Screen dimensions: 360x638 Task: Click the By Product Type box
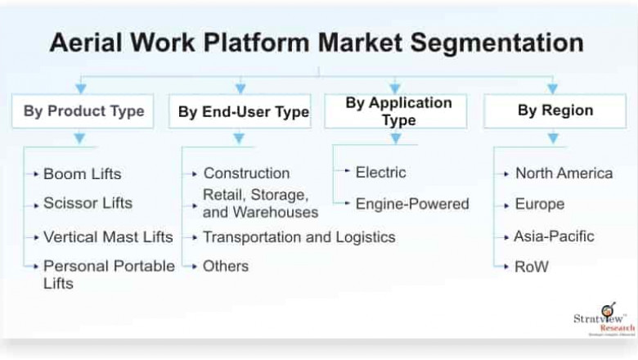[x=83, y=111]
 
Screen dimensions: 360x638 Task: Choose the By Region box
[x=555, y=111]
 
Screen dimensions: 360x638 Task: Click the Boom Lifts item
[x=82, y=173]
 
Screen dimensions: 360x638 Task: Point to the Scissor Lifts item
[x=88, y=203]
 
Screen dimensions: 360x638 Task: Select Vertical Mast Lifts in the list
[x=108, y=237]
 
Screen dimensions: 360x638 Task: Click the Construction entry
[x=246, y=173]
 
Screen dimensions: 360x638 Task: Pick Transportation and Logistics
[x=299, y=237]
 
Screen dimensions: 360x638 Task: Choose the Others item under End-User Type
[x=226, y=266]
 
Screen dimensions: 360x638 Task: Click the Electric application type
[x=380, y=172]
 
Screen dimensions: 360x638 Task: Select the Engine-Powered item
[x=412, y=203]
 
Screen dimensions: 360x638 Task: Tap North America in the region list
[x=564, y=173]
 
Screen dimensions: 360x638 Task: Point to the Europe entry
[x=539, y=204]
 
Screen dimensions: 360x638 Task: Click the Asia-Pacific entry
[x=554, y=236]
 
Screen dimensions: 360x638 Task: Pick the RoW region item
[x=532, y=266]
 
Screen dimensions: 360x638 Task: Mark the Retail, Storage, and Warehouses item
[x=260, y=204]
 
